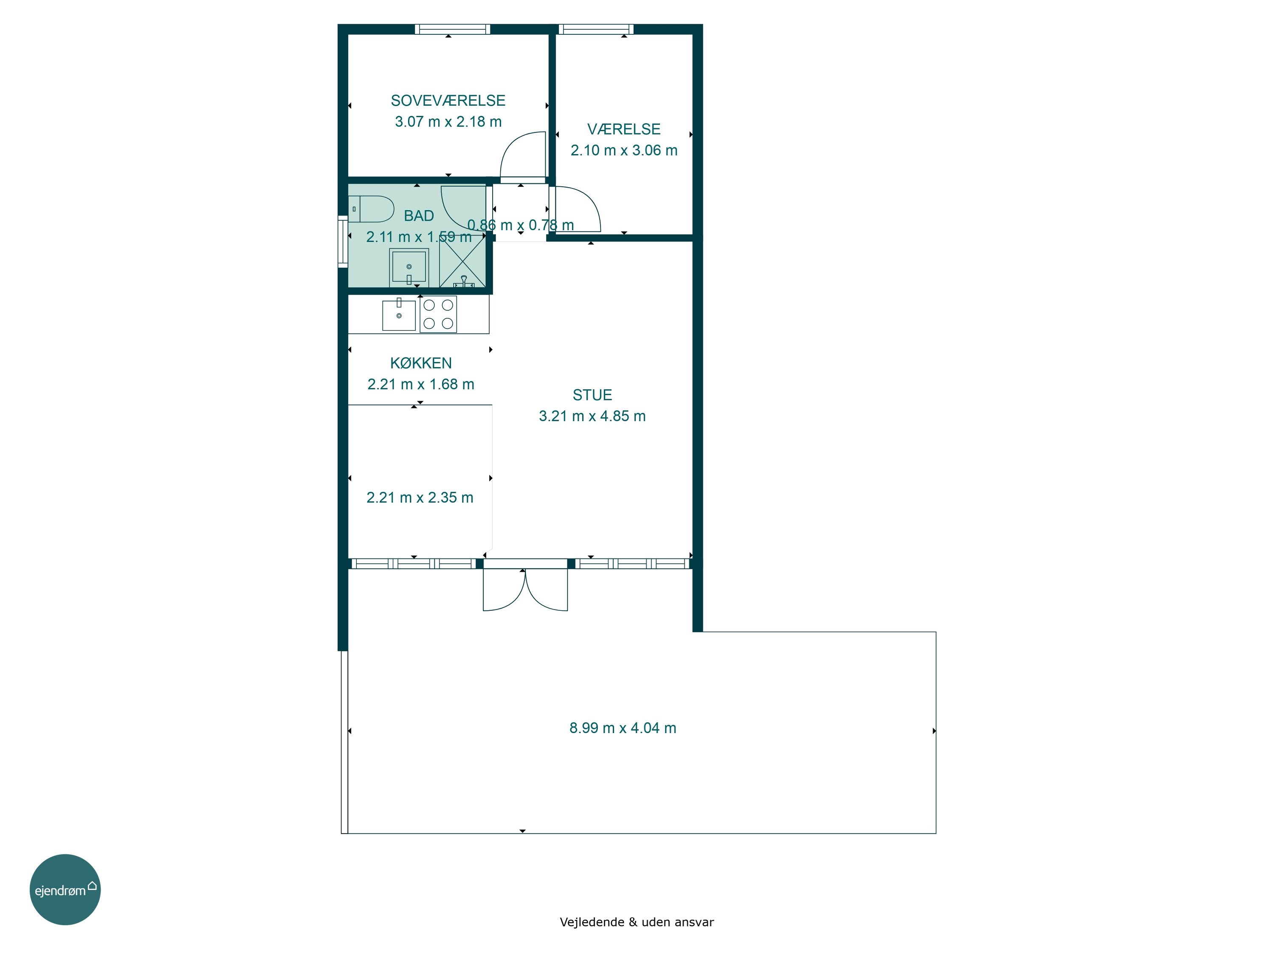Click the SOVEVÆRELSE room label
[448, 101]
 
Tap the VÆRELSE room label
[624, 129]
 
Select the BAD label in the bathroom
[419, 216]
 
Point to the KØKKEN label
[421, 363]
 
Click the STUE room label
[592, 395]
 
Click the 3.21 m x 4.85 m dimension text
[592, 416]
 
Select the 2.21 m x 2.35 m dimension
[420, 497]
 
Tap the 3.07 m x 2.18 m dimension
[448, 121]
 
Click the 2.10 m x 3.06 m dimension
[624, 150]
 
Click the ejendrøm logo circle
[65, 889]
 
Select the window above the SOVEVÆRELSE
[453, 29]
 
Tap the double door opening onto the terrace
[525, 585]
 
